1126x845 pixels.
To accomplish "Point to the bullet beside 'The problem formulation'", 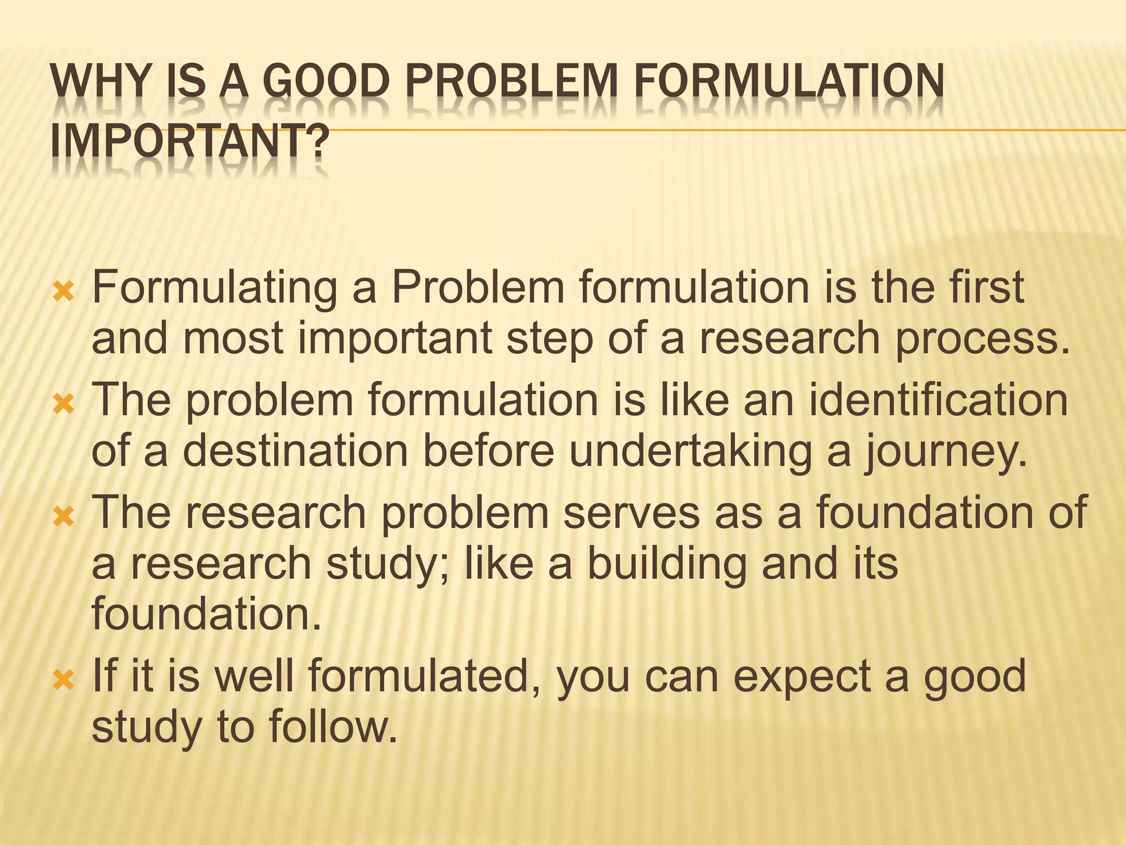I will tap(63, 405).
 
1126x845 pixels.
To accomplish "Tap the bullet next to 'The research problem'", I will tap(63, 517).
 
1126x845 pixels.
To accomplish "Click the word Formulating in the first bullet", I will tap(214, 288).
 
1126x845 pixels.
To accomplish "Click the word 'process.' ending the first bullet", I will tap(983, 340).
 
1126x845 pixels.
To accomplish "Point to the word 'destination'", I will tap(295, 451).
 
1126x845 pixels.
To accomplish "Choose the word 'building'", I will tap(667, 564).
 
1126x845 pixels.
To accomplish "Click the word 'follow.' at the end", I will tap(333, 727).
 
